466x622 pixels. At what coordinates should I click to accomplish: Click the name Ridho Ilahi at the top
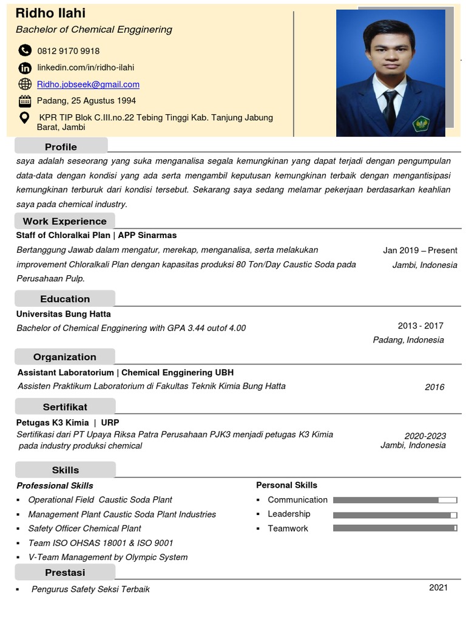point(50,13)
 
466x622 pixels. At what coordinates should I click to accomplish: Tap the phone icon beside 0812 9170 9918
point(25,50)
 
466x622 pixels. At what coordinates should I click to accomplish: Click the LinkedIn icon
point(25,67)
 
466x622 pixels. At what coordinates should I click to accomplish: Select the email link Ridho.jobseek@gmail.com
point(88,84)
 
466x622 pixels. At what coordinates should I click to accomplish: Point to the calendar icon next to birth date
point(25,101)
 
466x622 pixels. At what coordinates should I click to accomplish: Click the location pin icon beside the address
point(25,118)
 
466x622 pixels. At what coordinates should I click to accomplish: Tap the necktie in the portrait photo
point(390,108)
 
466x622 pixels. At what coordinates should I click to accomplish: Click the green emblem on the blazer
point(421,124)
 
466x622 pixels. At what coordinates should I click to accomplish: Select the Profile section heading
point(61,146)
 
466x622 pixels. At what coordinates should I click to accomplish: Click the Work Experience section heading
point(64,221)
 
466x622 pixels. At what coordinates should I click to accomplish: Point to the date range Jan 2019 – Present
point(420,250)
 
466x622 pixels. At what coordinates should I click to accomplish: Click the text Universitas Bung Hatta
point(64,314)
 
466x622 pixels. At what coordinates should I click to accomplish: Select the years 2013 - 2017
point(420,326)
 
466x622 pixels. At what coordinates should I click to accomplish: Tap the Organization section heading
point(64,357)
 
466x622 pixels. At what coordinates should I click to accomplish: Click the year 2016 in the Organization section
point(434,387)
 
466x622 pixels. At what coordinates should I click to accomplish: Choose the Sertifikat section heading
point(65,406)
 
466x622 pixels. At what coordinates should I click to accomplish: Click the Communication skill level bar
point(394,500)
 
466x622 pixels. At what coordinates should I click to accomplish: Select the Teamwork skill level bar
point(394,528)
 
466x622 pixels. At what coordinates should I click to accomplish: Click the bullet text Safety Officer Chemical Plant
point(84,528)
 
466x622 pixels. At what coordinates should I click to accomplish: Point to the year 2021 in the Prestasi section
point(438,587)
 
